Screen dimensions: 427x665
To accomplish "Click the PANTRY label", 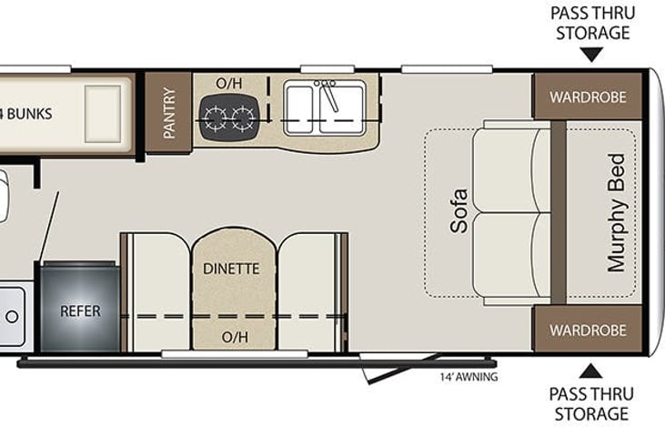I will (169, 113).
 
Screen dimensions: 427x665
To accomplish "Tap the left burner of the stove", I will (216, 117).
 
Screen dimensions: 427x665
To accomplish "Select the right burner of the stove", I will (242, 117).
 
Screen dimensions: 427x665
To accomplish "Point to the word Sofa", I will (459, 210).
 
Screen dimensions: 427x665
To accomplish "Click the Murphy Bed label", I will (618, 212).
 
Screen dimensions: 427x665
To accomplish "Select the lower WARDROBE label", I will (587, 329).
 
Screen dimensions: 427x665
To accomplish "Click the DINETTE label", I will (231, 269).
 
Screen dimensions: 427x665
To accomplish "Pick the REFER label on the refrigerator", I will (80, 310).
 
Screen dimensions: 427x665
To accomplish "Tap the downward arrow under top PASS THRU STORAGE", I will (591, 56).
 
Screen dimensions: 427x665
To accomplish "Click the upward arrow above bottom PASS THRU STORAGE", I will (591, 371).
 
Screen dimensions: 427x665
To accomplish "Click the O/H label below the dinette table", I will (234, 337).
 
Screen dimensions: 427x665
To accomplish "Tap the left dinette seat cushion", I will (156, 291).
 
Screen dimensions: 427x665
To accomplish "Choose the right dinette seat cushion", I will (307, 291).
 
